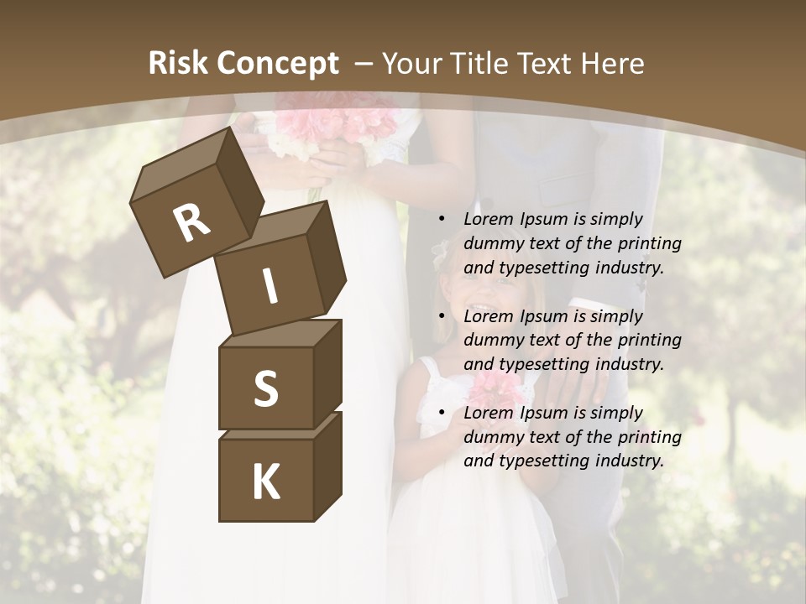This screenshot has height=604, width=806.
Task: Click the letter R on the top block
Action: (x=191, y=223)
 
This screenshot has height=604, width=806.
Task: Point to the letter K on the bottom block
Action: (x=266, y=482)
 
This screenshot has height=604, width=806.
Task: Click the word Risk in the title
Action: (x=177, y=64)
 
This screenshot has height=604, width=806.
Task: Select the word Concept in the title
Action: (x=277, y=64)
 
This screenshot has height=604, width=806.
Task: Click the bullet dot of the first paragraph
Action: (x=442, y=220)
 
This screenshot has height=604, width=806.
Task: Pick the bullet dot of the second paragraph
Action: (x=442, y=317)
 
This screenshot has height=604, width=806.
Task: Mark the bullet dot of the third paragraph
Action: (x=442, y=414)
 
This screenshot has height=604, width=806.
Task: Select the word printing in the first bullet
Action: (x=650, y=244)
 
